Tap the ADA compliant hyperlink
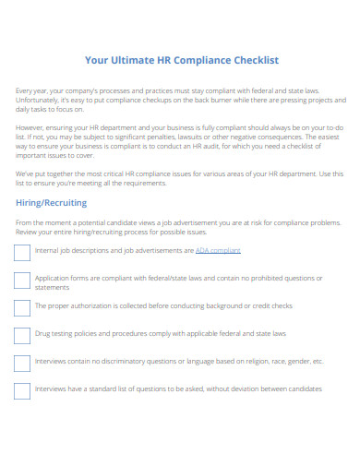coord(218,250)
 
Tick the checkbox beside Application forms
coord(22,281)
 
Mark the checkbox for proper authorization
coord(22,306)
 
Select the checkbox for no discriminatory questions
coord(22,362)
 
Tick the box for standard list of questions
coord(22,389)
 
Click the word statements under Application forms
coord(52,285)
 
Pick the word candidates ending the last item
coord(305,388)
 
